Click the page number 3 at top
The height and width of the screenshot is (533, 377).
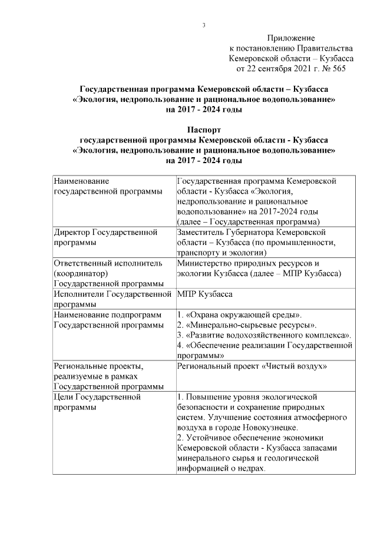coord(203,25)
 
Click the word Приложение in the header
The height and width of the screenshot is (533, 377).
coord(291,38)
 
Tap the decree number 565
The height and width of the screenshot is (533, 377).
coord(338,69)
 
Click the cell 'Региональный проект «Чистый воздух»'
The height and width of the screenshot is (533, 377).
coord(252,366)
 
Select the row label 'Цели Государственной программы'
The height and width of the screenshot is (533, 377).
coord(97,402)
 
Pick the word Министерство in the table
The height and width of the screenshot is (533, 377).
coord(206,263)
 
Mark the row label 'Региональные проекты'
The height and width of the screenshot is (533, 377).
coord(98,366)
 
